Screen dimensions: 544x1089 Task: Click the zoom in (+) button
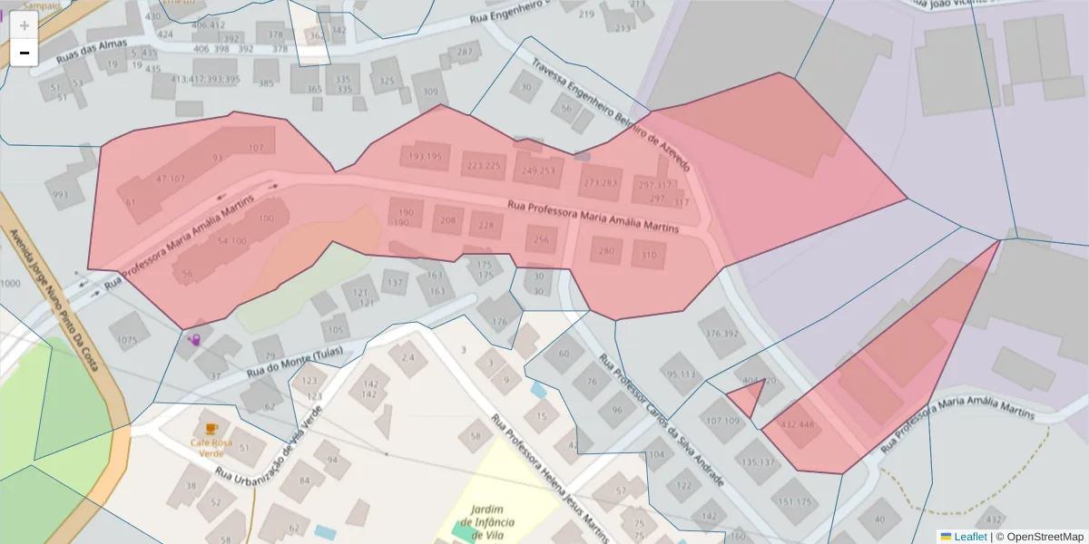tap(24, 25)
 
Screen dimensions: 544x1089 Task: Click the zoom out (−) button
tap(24, 53)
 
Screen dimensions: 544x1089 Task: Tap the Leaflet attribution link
tap(970, 537)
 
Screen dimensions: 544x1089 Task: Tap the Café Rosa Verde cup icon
tap(211, 428)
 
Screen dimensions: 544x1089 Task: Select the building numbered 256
tap(542, 240)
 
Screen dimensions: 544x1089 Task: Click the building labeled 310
tap(648, 255)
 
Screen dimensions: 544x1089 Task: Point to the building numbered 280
tap(606, 250)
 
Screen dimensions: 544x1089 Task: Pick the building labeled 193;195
tap(426, 157)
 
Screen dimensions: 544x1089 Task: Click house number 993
tap(61, 194)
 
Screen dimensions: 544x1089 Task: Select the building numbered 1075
tap(127, 340)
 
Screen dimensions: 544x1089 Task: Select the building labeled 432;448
tap(798, 423)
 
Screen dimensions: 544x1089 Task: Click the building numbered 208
tap(448, 220)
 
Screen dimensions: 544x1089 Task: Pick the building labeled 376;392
tap(721, 334)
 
